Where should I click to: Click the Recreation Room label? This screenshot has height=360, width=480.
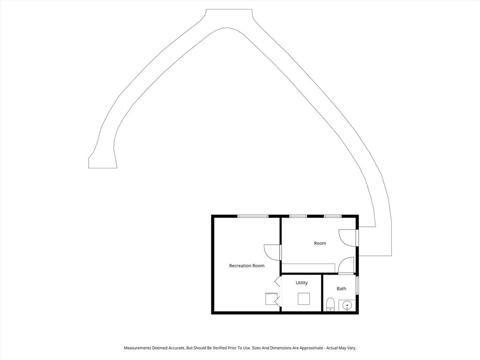tap(247, 266)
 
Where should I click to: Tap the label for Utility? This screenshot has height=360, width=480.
tap(301, 283)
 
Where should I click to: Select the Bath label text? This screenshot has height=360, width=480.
tap(341, 288)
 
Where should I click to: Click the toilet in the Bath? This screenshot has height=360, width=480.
tap(330, 304)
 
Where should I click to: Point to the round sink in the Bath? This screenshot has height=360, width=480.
tap(347, 305)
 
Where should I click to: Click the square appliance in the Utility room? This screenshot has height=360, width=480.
tap(304, 299)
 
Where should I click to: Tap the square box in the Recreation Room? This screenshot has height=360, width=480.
tap(271, 299)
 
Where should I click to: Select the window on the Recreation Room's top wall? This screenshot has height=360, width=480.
tap(253, 216)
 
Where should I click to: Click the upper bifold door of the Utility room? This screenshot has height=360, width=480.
tap(277, 281)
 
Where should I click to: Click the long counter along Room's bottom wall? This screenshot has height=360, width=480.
tap(308, 267)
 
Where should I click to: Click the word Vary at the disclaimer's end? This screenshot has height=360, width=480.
tap(352, 348)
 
